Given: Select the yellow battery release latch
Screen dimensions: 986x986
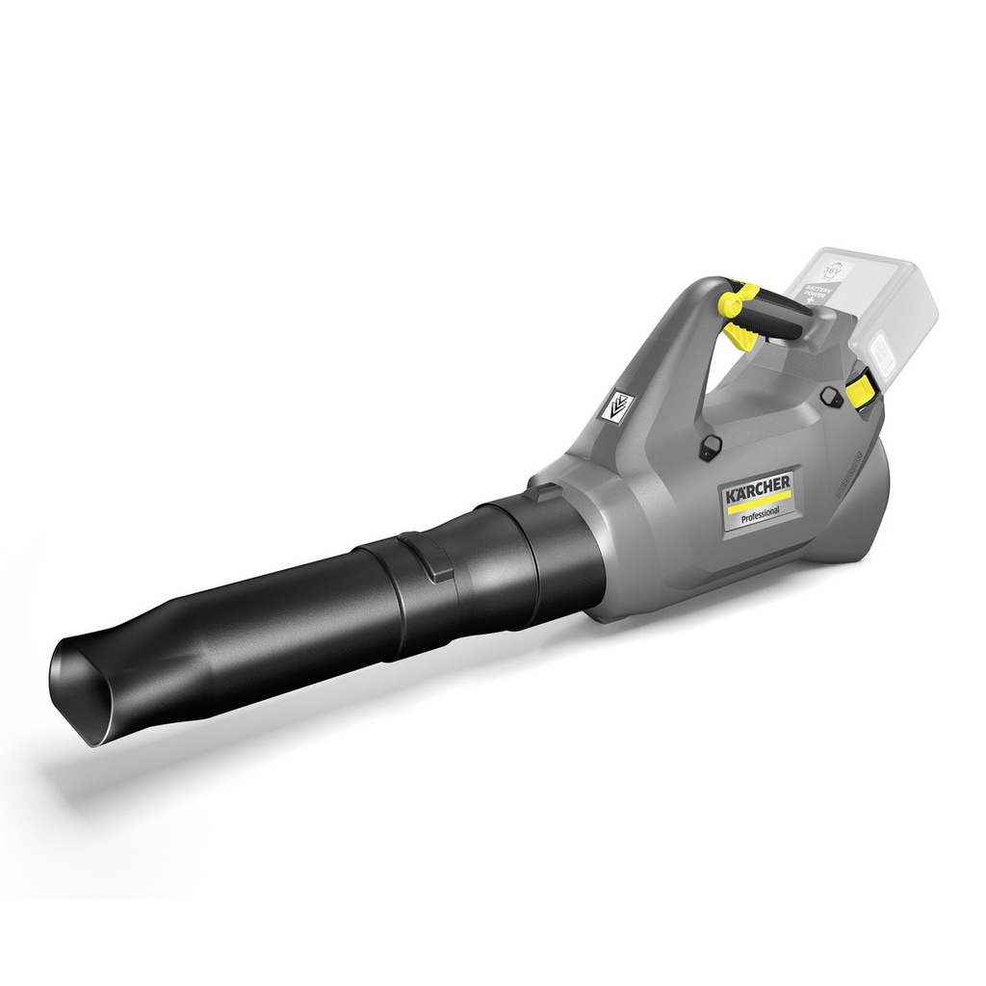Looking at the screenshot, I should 862,388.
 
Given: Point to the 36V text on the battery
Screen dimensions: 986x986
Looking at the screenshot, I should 833,272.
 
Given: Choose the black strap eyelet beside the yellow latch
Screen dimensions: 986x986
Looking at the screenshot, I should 830,395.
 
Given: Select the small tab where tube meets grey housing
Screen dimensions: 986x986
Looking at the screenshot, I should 546,493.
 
